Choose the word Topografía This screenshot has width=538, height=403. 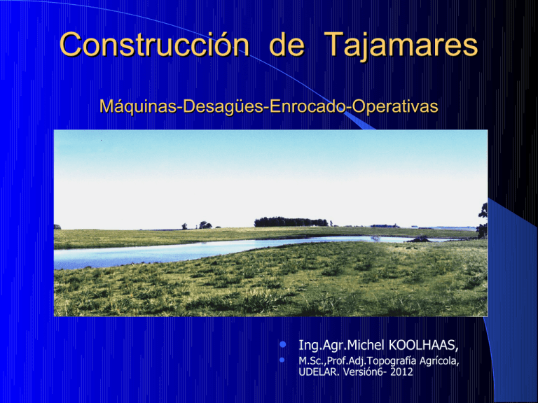(389, 361)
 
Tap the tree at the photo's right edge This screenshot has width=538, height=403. (482, 220)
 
